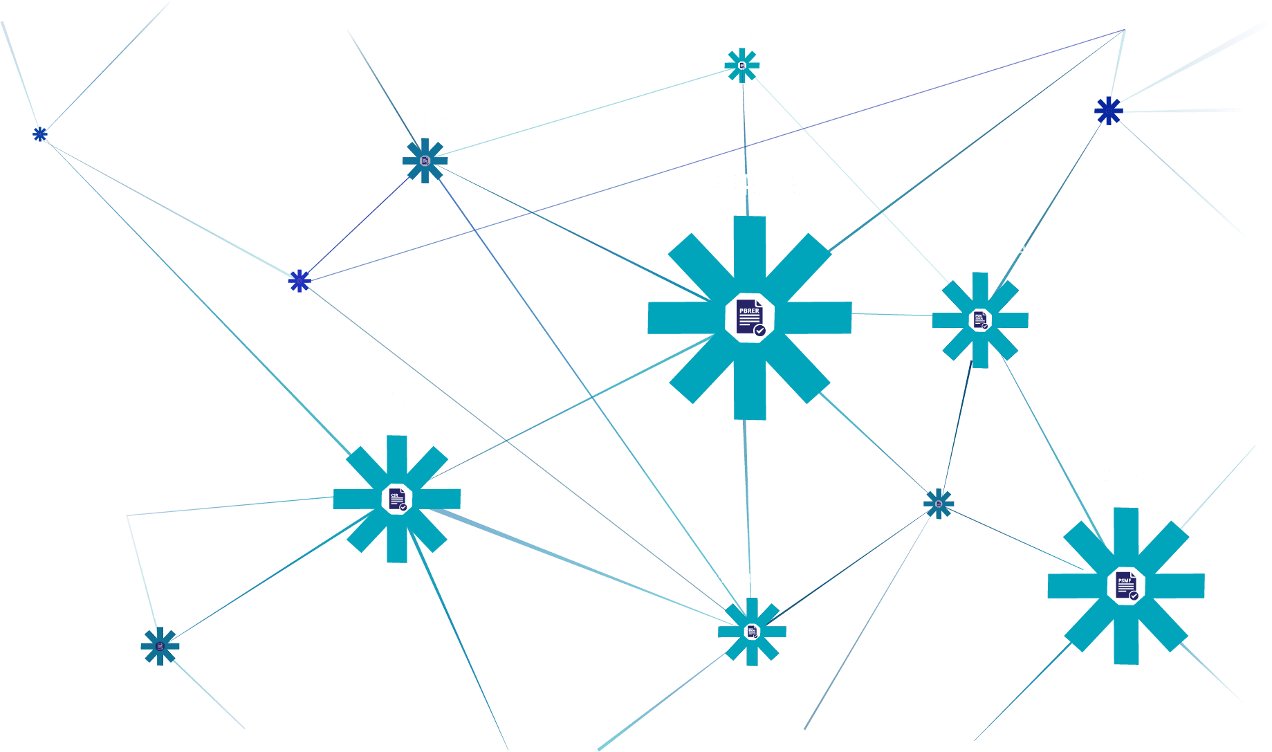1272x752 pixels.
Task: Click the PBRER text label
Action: coord(750,185)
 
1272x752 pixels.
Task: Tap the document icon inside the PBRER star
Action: coord(750,318)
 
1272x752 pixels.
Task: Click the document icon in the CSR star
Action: coord(397,499)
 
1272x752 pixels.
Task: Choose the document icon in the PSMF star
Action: coord(1126,586)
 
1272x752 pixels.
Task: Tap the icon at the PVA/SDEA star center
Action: coord(980,320)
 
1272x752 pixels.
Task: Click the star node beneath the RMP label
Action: coord(425,161)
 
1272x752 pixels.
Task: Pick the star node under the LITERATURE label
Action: coord(741,66)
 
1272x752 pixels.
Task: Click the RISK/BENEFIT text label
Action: coord(753,578)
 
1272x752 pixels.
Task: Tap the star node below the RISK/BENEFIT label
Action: coord(752,632)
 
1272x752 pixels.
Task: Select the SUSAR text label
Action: coord(159,616)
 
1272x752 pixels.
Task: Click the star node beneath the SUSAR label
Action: coord(160,646)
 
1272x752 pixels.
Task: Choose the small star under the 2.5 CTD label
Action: coord(939,504)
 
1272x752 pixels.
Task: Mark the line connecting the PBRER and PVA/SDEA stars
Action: coord(892,315)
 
